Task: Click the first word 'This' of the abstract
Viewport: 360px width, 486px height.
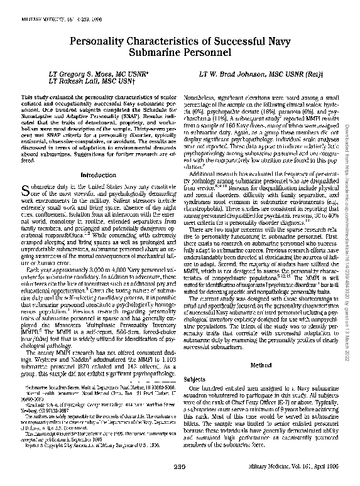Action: pyautogui.click(x=26, y=99)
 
